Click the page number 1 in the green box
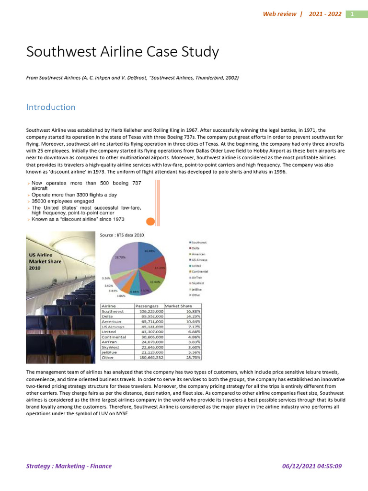(352, 14)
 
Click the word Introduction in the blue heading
(51, 107)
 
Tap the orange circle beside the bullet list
(150, 222)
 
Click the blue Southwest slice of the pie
(151, 254)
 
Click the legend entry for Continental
(200, 271)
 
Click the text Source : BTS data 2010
(122, 235)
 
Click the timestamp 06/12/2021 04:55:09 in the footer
(312, 466)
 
